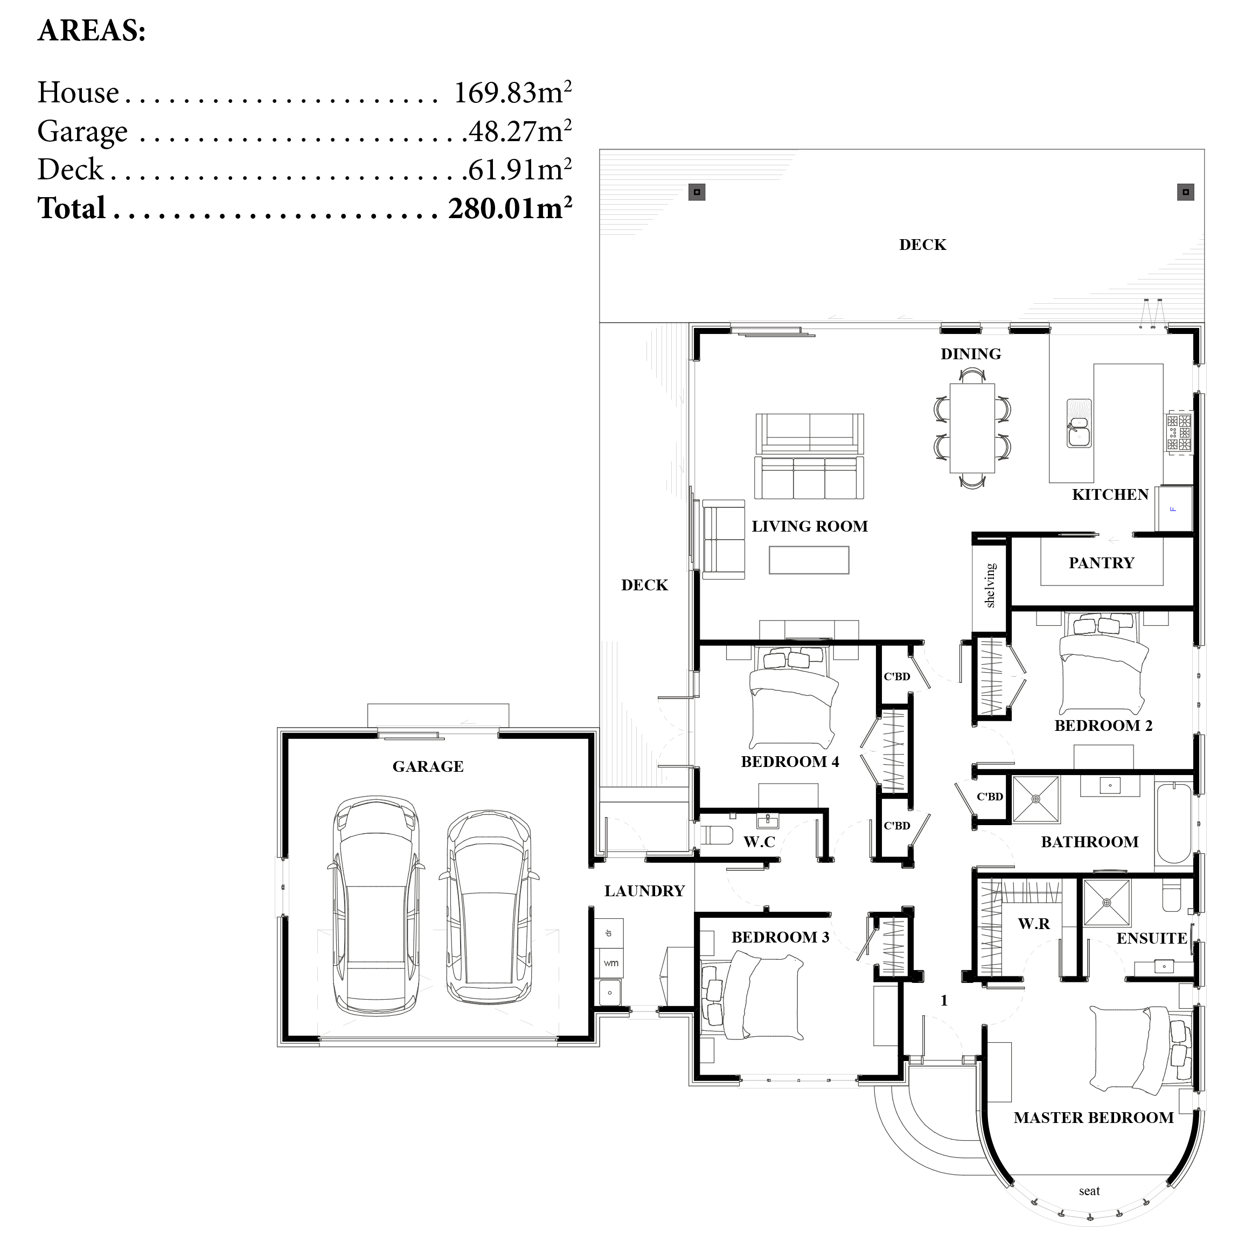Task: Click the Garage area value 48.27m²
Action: [x=520, y=131]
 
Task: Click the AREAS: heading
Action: [x=92, y=31]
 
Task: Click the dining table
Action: [x=971, y=428]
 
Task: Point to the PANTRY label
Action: [x=1101, y=562]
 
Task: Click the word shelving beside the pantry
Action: [x=990, y=585]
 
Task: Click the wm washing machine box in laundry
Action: [x=610, y=964]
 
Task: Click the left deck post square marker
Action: [x=697, y=192]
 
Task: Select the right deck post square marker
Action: [x=1185, y=192]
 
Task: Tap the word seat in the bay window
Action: [x=1089, y=1191]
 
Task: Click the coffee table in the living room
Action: [x=809, y=560]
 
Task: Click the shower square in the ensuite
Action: [x=1106, y=902]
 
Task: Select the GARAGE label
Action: [x=428, y=766]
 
